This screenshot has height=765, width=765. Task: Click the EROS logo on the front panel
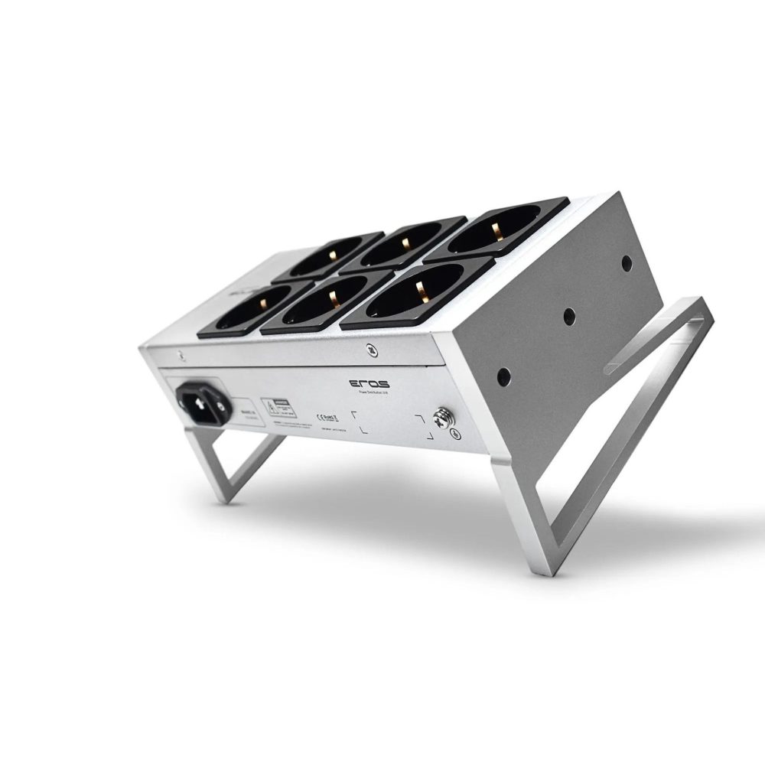pyautogui.click(x=369, y=383)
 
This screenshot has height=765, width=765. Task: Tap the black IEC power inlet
pyautogui.click(x=203, y=402)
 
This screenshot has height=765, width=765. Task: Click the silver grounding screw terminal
pyautogui.click(x=442, y=418)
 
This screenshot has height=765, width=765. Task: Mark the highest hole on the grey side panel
pyautogui.click(x=627, y=264)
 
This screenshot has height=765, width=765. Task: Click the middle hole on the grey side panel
pyautogui.click(x=568, y=315)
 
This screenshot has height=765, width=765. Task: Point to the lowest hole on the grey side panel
pyautogui.click(x=503, y=376)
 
